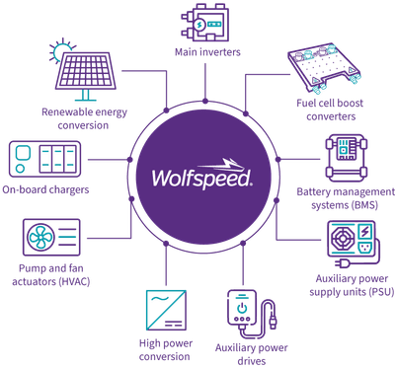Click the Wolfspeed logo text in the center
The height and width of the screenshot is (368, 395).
(x=201, y=178)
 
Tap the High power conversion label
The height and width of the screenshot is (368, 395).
(x=162, y=350)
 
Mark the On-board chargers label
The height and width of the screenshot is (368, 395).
(x=48, y=188)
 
